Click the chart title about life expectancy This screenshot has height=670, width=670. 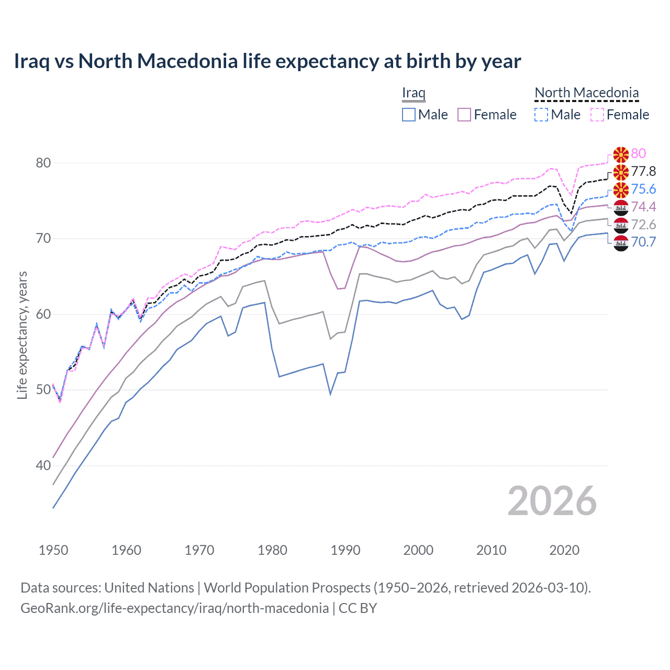267,61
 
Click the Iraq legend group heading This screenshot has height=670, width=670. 414,93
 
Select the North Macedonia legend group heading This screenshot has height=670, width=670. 586,93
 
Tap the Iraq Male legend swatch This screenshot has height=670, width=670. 409,115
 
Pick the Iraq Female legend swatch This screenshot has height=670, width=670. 464,115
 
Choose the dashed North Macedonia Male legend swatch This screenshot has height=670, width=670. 541,115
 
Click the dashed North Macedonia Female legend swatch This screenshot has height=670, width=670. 597,115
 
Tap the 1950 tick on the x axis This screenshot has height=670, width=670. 53,550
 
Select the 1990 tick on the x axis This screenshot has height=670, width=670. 345,550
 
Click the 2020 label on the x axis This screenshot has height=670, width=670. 564,550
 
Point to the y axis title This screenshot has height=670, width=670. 22,335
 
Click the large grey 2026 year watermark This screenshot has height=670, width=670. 552,501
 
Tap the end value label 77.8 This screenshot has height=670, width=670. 643,172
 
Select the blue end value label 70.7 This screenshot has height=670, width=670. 643,242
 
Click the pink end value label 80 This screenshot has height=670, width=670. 638,153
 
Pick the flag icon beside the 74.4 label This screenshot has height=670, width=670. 621,207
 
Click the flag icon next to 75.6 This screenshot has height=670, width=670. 621,189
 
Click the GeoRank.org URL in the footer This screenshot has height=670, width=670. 174,608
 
